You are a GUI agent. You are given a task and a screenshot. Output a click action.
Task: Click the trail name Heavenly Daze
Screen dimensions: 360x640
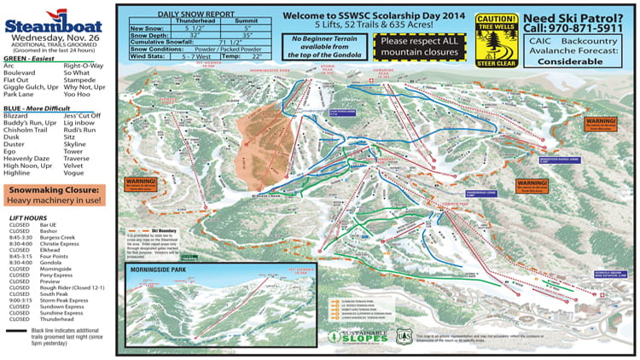27,158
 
